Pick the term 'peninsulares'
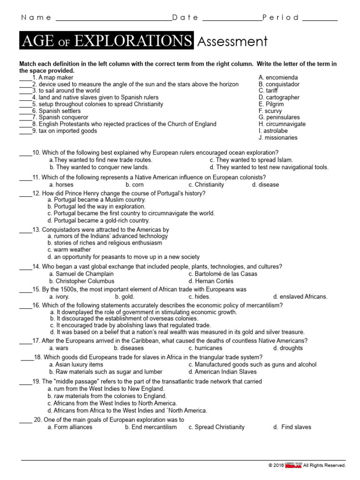click(x=279, y=118)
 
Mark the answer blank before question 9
click(x=25, y=132)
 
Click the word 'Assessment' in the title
click(x=232, y=42)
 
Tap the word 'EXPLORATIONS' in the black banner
click(x=132, y=42)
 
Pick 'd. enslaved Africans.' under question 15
click(x=300, y=297)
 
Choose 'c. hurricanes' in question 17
click(x=205, y=348)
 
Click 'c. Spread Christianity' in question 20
click(x=216, y=427)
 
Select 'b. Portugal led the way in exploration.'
click(x=97, y=206)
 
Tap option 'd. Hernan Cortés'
click(x=210, y=281)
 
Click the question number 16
click(x=36, y=305)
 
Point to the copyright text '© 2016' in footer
click(x=276, y=465)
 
